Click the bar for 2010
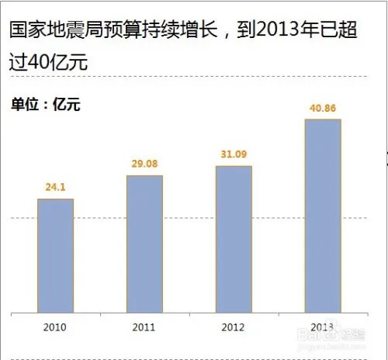[x=56, y=256]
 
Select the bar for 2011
[x=144, y=244]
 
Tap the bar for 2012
[x=234, y=240]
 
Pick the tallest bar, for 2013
[x=323, y=216]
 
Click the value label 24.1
[x=55, y=187]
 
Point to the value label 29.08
[x=144, y=164]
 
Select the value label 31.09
[x=234, y=154]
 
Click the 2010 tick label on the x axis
[x=56, y=328]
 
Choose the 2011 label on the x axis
[x=144, y=328]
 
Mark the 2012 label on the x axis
[x=234, y=328]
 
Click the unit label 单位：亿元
[x=45, y=103]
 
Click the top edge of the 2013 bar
[x=323, y=120]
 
